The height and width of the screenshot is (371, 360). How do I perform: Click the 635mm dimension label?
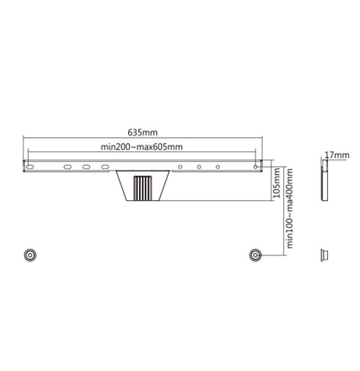point(142,132)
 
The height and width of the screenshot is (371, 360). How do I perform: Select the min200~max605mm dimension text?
point(142,147)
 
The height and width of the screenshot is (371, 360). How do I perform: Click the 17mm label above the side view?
point(336,156)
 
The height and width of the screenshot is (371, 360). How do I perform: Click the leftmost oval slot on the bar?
point(30,167)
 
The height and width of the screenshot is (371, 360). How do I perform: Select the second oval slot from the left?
point(67,167)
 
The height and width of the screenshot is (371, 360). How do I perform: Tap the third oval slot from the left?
point(86,167)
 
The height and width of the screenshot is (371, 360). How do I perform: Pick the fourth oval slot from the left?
point(104,167)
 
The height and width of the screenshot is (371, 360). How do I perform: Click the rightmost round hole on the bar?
point(254,167)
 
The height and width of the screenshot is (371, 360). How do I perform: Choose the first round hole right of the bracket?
point(180,167)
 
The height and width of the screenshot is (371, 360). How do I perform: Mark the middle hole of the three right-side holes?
point(199,167)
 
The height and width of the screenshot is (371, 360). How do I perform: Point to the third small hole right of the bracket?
point(218,167)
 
